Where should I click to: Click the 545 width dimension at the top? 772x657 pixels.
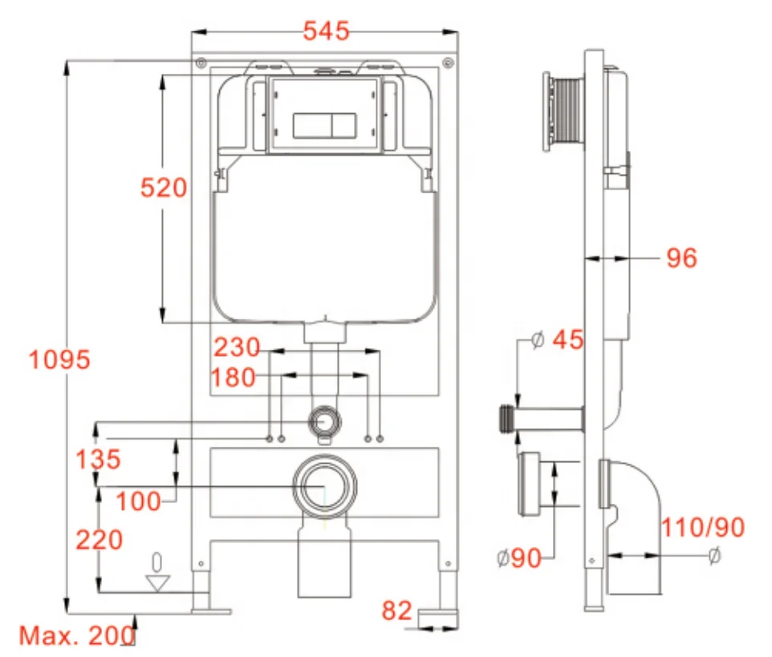[x=326, y=31]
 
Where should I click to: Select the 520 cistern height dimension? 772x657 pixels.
[x=163, y=189]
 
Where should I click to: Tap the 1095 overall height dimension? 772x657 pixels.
[x=59, y=359]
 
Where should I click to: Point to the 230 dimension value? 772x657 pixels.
[x=237, y=348]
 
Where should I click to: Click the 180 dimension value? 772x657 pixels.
[x=234, y=377]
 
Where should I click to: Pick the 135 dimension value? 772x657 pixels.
[x=98, y=460]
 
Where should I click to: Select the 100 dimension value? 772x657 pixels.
[x=138, y=501]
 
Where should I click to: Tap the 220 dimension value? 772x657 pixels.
[x=100, y=540]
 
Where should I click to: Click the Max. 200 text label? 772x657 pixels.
[x=76, y=636]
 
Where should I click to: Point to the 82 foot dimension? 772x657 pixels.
[x=396, y=611]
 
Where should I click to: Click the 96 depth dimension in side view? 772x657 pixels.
[x=681, y=258]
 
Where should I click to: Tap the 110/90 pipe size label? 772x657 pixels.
[x=702, y=527]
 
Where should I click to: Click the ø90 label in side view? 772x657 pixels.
[x=518, y=558]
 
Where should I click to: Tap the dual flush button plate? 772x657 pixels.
[x=324, y=125]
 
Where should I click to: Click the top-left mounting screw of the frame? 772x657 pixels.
[x=201, y=62]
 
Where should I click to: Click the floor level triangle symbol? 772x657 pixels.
[x=158, y=582]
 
